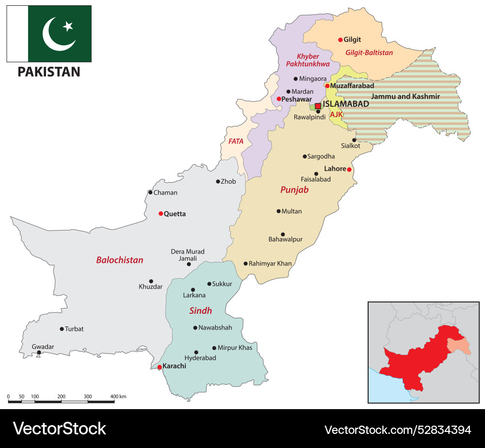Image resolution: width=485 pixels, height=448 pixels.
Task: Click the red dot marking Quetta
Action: pos(161,213)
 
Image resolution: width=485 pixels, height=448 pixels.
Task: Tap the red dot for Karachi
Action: pos(160,367)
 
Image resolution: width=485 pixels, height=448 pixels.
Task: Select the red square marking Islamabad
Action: pos(318,105)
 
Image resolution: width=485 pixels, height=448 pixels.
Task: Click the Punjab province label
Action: pos(294,190)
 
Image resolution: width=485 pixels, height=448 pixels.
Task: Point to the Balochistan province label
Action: pos(119,260)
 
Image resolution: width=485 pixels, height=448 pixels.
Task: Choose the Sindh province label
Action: pos(200,310)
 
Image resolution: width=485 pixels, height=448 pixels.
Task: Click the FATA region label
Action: pos(236,141)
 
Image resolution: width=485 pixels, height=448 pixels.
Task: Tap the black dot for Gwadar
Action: pos(39,353)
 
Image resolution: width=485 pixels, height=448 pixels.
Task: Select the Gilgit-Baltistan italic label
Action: pos(369,52)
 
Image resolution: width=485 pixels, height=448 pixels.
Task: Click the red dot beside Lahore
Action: pos(349,170)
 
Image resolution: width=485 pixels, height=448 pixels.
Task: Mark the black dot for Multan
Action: pos(278,211)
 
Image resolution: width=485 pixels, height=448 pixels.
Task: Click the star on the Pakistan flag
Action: pos(68,26)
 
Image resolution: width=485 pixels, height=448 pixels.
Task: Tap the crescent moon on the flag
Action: pos(56,35)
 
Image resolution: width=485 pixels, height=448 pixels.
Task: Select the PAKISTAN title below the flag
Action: pos(48,72)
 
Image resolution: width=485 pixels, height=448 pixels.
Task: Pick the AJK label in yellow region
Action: pos(336,114)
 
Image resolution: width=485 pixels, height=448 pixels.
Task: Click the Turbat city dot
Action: pos(62,329)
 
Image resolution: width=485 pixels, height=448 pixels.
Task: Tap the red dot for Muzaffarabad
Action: pos(327,86)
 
